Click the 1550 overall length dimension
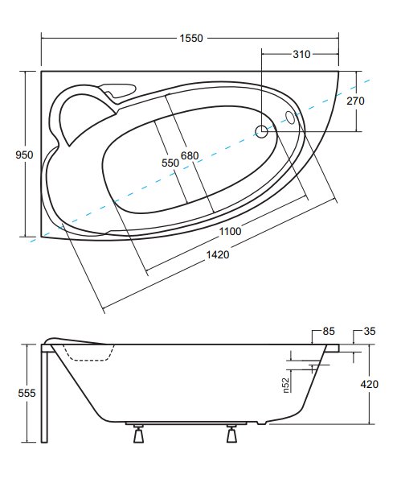click(x=191, y=38)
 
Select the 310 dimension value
click(x=301, y=54)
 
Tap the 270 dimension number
click(x=355, y=101)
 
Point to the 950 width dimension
click(x=24, y=155)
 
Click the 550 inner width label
click(x=170, y=163)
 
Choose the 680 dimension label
click(x=190, y=155)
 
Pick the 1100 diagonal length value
click(x=230, y=231)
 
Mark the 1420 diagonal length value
click(x=218, y=254)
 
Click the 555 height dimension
click(x=27, y=393)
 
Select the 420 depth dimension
click(x=370, y=384)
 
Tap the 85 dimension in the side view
click(x=329, y=332)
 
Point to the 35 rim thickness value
click(x=370, y=332)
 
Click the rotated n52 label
click(x=286, y=386)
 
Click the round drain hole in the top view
click(x=261, y=131)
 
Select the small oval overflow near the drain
click(x=290, y=118)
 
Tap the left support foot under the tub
click(x=139, y=434)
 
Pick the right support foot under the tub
click(x=231, y=434)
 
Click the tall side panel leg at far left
click(x=44, y=394)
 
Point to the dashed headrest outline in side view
click(x=89, y=353)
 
